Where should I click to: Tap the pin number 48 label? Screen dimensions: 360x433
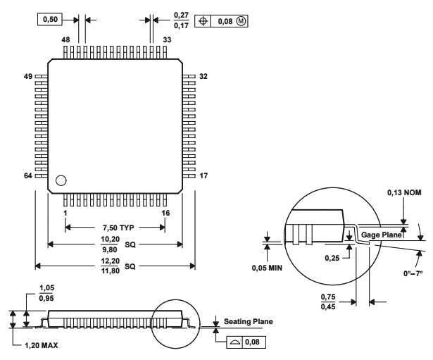(66, 40)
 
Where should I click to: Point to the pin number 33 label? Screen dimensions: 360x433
(167, 40)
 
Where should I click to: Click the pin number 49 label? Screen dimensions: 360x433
(29, 75)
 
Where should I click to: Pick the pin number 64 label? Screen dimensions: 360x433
(29, 177)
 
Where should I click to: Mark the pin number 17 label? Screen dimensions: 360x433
(203, 177)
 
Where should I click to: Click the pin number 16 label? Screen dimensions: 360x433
(166, 211)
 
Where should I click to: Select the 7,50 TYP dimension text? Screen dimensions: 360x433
(115, 228)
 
